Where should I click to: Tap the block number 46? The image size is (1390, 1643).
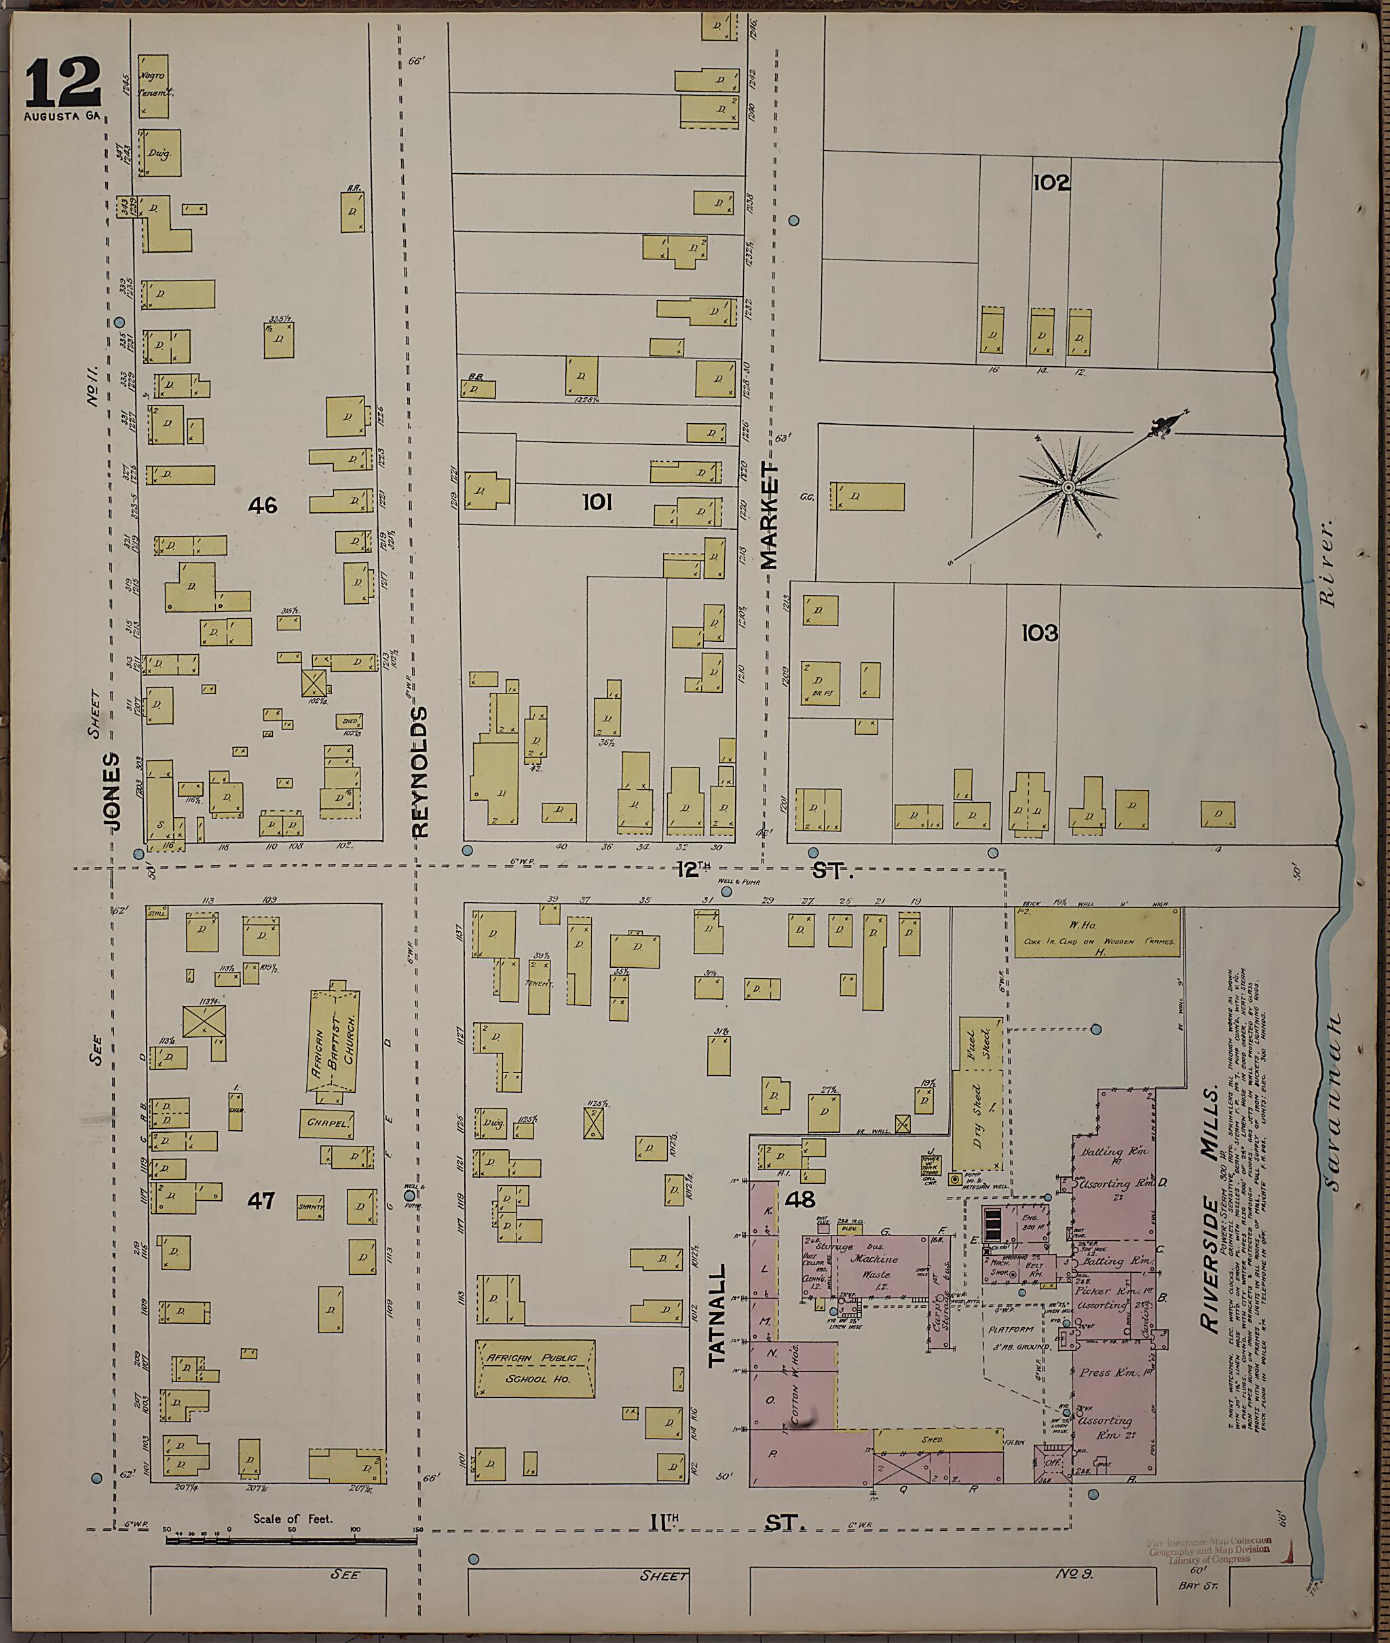pyautogui.click(x=263, y=505)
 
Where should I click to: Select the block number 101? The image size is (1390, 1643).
pyautogui.click(x=597, y=501)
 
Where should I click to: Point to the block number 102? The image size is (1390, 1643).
pyautogui.click(x=1051, y=183)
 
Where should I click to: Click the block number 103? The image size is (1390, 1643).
pyautogui.click(x=1038, y=632)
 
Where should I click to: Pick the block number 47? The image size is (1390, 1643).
pyautogui.click(x=261, y=1200)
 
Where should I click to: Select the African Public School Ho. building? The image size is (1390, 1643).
pyautogui.click(x=535, y=1369)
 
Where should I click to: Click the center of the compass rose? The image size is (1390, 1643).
pyautogui.click(x=1068, y=489)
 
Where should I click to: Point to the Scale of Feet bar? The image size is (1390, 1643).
pyautogui.click(x=292, y=1539)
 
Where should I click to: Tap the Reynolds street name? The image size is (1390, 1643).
pyautogui.click(x=419, y=771)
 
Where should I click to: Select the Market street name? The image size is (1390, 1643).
pyautogui.click(x=769, y=516)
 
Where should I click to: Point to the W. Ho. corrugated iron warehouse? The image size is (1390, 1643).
pyautogui.click(x=1097, y=933)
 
